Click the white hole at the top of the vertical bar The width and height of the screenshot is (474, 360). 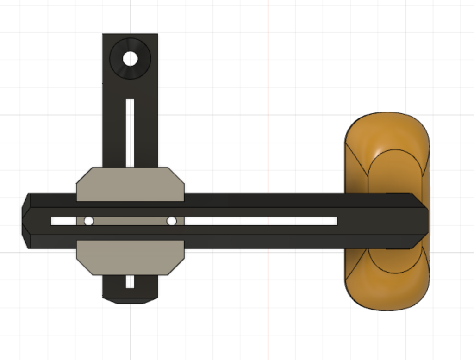(130, 59)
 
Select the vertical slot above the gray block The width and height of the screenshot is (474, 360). (130, 132)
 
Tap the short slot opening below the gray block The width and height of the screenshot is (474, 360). (130, 281)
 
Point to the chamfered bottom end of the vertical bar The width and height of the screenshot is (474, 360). (130, 300)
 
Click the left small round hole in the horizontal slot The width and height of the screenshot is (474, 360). (88, 221)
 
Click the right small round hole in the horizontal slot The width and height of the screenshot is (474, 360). (172, 221)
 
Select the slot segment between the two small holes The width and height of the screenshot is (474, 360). (130, 221)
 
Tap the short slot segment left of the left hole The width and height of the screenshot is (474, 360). (65, 221)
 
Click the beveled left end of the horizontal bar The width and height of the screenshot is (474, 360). (26, 221)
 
